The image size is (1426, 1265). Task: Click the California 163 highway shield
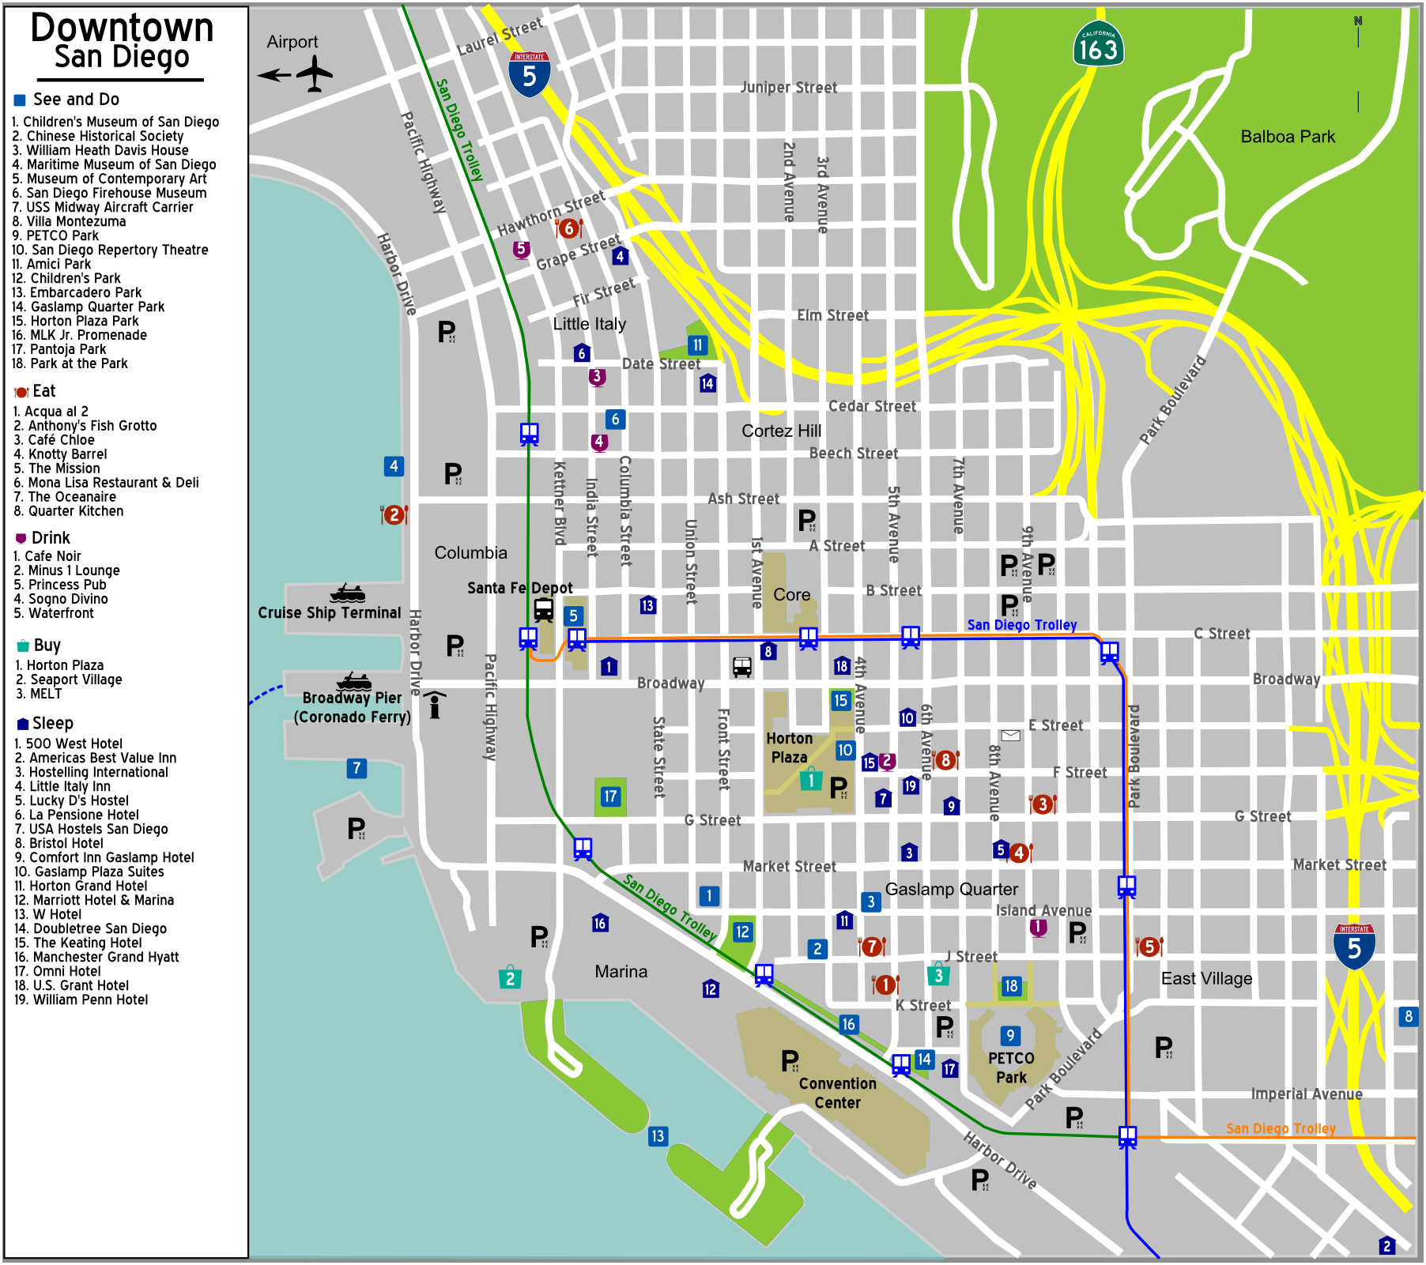(1099, 44)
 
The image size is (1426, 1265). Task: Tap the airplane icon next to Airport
(314, 74)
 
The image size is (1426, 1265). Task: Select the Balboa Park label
(1287, 137)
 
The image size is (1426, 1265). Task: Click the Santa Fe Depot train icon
(543, 609)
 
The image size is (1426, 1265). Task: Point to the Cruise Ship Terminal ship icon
(347, 593)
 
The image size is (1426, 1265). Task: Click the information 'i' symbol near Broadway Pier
(434, 705)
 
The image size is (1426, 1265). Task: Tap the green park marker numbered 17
(610, 796)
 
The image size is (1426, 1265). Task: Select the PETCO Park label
(1010, 1067)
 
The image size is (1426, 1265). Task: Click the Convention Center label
(837, 1093)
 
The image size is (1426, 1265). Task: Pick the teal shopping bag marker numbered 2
(510, 978)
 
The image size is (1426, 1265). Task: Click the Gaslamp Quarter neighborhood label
(951, 889)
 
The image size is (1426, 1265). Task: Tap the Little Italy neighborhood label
(589, 324)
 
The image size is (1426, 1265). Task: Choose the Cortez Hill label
(781, 431)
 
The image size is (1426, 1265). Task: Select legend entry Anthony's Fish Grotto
(92, 426)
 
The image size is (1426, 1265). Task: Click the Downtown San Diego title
(122, 41)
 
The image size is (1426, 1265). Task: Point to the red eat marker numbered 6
(568, 228)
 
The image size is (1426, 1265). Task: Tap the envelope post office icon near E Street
(1010, 736)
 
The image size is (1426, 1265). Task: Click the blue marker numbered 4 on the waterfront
(394, 466)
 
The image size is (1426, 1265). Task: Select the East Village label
(1206, 978)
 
